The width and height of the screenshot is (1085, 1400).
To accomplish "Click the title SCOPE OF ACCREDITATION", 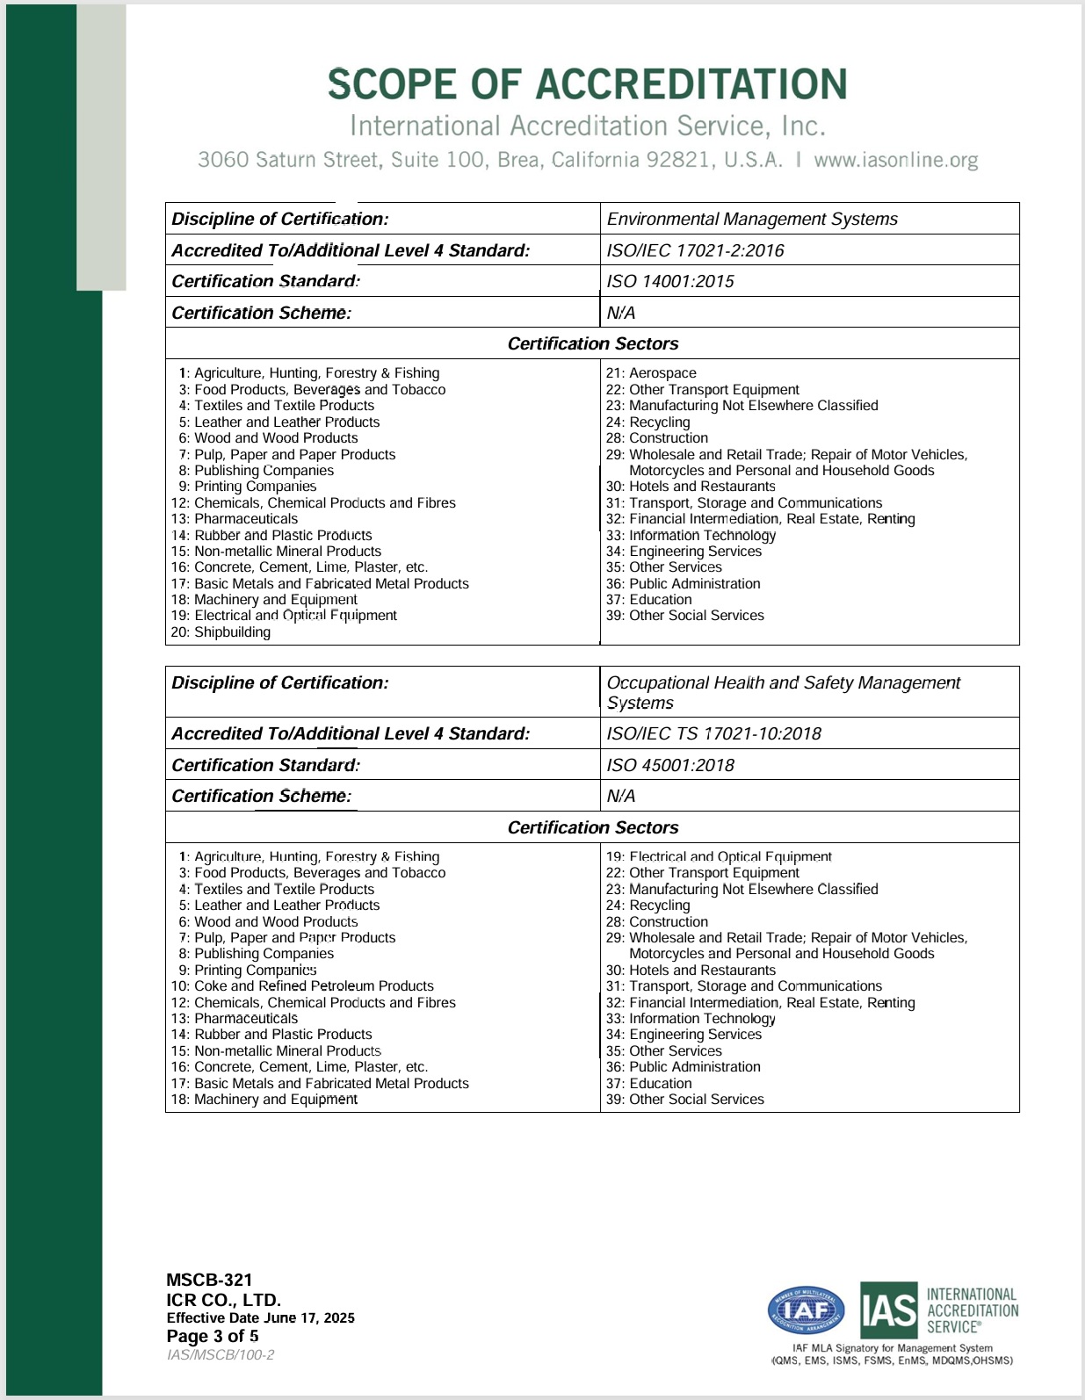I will tap(587, 84).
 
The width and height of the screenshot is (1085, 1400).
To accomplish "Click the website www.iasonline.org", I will tap(895, 160).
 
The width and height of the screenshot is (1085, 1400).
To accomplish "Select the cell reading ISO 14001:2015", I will tap(670, 281).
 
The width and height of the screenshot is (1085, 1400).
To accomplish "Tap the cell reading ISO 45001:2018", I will tap(670, 765).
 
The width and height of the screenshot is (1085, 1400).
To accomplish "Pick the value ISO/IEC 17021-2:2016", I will tap(695, 250).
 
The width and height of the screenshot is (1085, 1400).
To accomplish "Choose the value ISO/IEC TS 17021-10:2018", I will tap(713, 733).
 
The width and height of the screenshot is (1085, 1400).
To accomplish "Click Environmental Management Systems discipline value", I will tap(752, 219).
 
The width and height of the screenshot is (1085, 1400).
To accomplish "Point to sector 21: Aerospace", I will tap(651, 373).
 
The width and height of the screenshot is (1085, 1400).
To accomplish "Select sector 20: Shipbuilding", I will tap(221, 632).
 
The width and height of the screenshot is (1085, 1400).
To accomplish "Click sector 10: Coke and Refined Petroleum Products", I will tap(302, 986).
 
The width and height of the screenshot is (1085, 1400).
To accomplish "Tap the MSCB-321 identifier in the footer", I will tap(209, 1280).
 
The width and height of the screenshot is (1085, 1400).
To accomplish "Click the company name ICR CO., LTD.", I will tap(223, 1300).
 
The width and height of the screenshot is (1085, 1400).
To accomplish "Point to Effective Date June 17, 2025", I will tap(260, 1317).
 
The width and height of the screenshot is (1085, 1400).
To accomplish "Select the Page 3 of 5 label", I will tap(213, 1336).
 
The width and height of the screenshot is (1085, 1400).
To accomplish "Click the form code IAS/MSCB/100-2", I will tap(221, 1355).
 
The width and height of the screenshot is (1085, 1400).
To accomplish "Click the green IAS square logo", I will tap(888, 1311).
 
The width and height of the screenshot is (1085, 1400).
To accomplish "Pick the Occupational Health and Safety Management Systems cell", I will tap(783, 692).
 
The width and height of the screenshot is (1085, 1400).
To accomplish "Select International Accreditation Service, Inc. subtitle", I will tap(587, 126).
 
